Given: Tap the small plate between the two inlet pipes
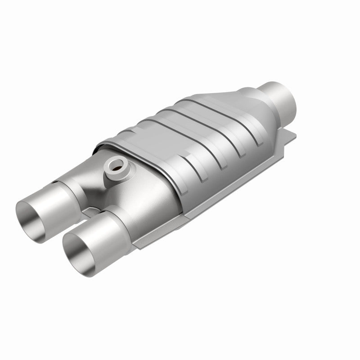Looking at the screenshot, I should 92,211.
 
